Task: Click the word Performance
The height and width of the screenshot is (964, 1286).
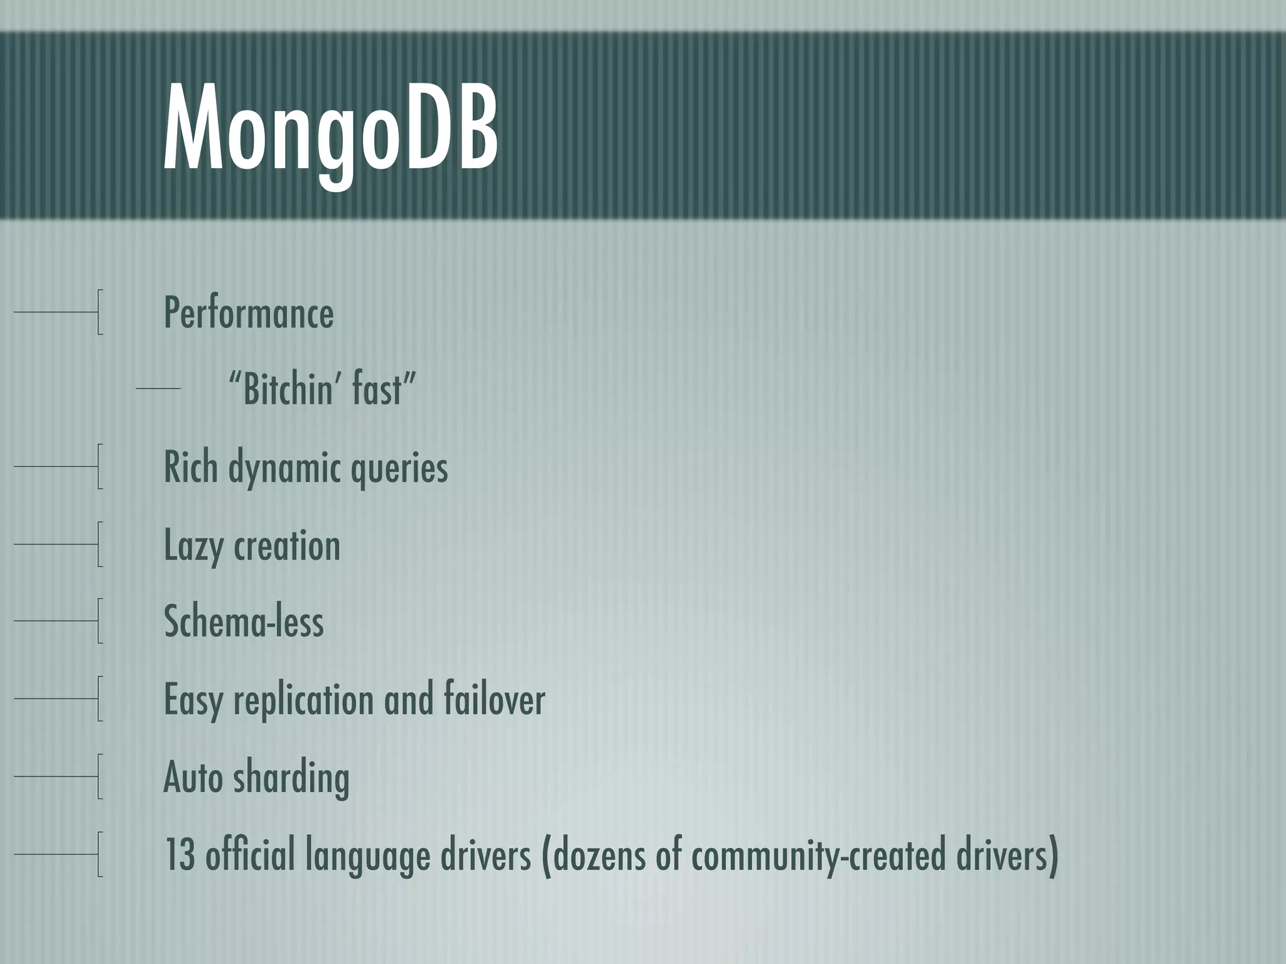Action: point(249,313)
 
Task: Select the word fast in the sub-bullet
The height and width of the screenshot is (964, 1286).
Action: point(381,389)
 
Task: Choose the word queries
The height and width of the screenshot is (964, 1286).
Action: point(399,468)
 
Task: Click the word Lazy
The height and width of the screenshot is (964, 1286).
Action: point(194,545)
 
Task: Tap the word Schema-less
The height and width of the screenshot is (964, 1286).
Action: point(244,621)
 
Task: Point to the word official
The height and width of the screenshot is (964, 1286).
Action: point(250,854)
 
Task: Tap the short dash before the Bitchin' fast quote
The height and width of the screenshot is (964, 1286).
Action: point(158,389)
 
